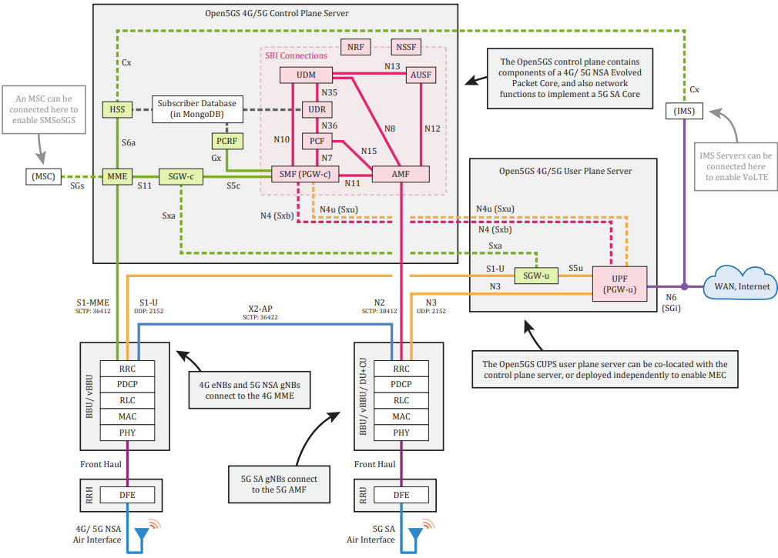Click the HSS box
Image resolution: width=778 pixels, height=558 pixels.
point(118,109)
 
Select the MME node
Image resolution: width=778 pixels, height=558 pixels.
point(118,176)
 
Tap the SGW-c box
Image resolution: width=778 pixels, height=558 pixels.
point(181,176)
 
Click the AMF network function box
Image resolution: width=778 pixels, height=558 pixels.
point(401,175)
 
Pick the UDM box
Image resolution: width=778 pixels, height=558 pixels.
point(306,75)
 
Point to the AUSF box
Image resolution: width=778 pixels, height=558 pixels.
point(421,75)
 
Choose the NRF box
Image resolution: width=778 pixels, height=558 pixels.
point(356,47)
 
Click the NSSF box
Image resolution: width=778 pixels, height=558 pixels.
point(407,47)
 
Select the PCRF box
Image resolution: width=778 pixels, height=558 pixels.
point(226,142)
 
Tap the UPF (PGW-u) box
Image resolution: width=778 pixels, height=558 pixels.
point(620,284)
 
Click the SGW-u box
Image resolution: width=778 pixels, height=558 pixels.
point(536,276)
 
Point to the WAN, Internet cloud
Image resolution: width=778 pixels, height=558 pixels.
point(741,284)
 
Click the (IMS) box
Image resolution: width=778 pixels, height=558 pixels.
point(684,111)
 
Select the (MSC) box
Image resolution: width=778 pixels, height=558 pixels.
point(44,176)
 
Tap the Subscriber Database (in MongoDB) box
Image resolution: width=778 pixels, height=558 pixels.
point(197,109)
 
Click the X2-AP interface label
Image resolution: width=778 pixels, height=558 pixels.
point(260,309)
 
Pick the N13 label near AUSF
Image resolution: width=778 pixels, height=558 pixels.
point(392,66)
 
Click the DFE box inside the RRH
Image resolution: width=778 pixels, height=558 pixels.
point(128,495)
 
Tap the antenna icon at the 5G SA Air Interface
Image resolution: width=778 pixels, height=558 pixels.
point(415,534)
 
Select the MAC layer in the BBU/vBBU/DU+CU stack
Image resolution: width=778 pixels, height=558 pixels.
point(401,416)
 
